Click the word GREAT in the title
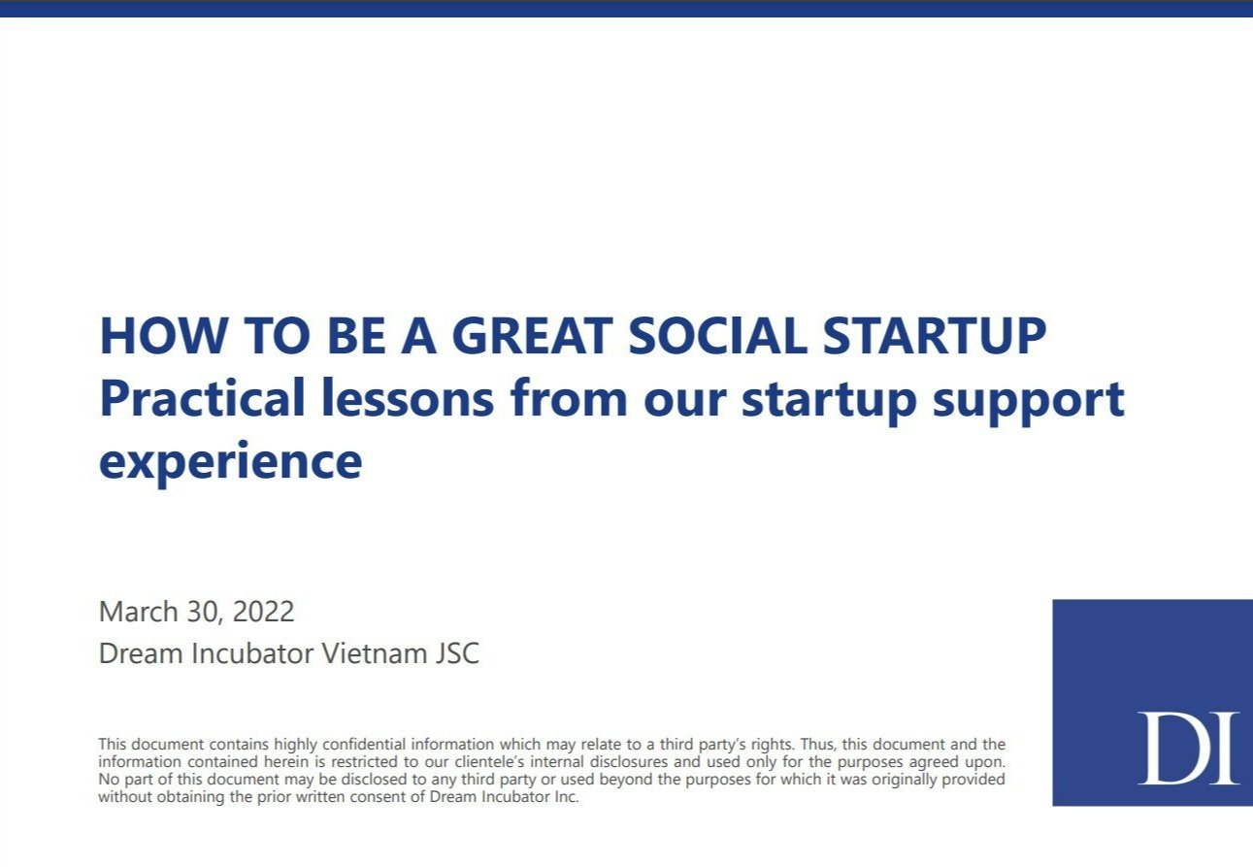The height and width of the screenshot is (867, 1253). click(532, 336)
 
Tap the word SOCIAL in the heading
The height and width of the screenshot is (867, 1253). click(717, 336)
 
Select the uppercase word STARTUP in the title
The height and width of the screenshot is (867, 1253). click(934, 336)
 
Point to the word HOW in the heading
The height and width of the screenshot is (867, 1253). click(163, 336)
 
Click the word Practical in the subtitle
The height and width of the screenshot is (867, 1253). click(202, 397)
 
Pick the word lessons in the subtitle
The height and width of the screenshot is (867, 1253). click(408, 397)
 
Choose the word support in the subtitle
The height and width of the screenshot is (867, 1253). click(1028, 402)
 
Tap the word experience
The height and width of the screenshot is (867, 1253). click(230, 463)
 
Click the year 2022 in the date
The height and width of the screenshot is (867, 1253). click(263, 612)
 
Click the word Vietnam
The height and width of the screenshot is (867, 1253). click(374, 653)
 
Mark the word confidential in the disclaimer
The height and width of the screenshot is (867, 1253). click(364, 745)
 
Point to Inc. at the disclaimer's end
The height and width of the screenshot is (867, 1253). click(566, 796)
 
